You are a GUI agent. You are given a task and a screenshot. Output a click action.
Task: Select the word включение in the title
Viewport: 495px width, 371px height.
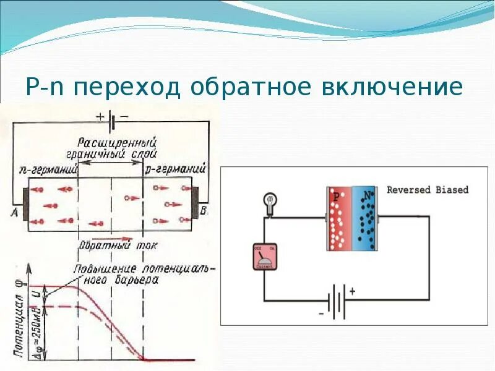[392, 87]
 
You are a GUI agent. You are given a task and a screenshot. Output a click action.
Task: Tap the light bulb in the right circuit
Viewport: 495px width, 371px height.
[270, 203]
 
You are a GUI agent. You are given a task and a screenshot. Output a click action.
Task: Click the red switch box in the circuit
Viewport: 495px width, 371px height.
[264, 256]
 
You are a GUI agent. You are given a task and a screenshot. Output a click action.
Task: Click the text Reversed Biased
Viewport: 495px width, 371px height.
[428, 190]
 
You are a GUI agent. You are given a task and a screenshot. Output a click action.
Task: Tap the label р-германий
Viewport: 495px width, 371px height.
[175, 168]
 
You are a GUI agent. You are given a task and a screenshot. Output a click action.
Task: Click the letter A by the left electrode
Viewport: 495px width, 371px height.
[14, 212]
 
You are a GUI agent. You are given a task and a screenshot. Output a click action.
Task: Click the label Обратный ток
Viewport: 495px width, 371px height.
[118, 245]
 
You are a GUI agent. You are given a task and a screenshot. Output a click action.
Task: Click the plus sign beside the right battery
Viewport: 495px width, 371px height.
[353, 290]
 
